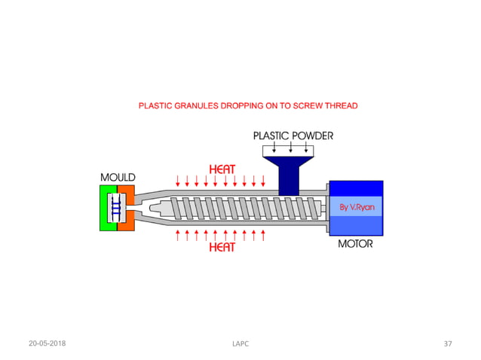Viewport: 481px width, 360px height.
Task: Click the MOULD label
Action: [118, 177]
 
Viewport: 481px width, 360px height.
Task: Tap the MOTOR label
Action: [354, 244]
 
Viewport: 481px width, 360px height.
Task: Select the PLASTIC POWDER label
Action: [293, 136]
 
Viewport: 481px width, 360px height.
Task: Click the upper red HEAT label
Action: [222, 170]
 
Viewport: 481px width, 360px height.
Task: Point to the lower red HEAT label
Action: [222, 246]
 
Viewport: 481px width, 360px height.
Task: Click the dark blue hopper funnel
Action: [290, 177]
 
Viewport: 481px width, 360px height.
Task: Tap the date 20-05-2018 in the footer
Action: [47, 343]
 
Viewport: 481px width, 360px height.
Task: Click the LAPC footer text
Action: [240, 343]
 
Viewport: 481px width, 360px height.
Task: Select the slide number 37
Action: [448, 343]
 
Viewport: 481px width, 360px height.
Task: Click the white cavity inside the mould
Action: [117, 208]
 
